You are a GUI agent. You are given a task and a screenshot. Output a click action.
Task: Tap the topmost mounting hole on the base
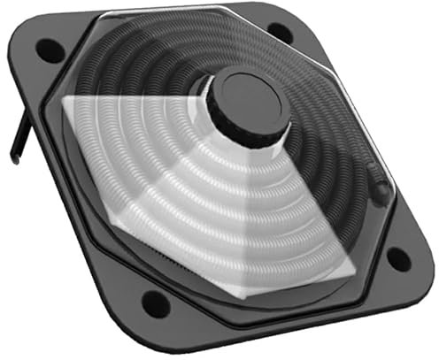point(280,33)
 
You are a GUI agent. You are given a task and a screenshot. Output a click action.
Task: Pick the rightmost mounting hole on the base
point(398,259)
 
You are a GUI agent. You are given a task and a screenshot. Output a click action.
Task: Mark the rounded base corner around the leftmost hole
point(35,44)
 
